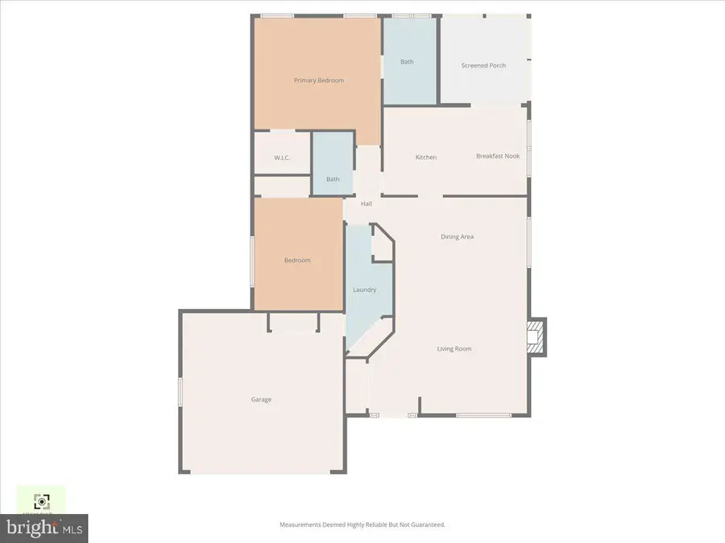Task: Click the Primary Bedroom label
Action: (319, 80)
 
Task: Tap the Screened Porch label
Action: (483, 65)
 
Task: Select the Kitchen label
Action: (426, 157)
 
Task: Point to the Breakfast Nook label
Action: (498, 156)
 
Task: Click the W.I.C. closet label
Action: (282, 158)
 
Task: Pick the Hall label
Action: (367, 204)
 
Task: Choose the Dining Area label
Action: (457, 237)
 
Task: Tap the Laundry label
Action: (365, 290)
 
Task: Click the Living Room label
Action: (454, 348)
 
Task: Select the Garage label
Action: (261, 399)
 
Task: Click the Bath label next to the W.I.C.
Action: (333, 179)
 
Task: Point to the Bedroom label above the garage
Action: (297, 260)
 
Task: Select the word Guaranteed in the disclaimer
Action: (425, 524)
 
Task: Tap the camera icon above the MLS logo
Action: (41, 501)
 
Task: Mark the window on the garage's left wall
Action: (180, 394)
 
